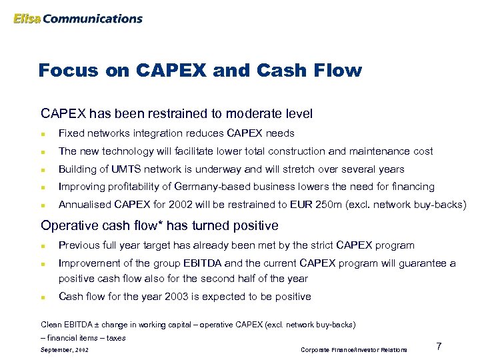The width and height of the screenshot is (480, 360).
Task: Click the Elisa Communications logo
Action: pos(77,19)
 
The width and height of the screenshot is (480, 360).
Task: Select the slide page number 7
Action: pos(439,345)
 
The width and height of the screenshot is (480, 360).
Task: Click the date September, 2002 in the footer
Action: pos(64,349)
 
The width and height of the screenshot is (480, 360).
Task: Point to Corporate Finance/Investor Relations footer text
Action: pos(353,349)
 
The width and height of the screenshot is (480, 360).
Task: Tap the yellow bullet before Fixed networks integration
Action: pos(43,134)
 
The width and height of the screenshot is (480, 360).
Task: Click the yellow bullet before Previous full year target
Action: pos(43,246)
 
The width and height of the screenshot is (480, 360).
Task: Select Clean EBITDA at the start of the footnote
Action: pos(61,325)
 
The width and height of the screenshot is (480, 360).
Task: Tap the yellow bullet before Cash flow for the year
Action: pos(43,297)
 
